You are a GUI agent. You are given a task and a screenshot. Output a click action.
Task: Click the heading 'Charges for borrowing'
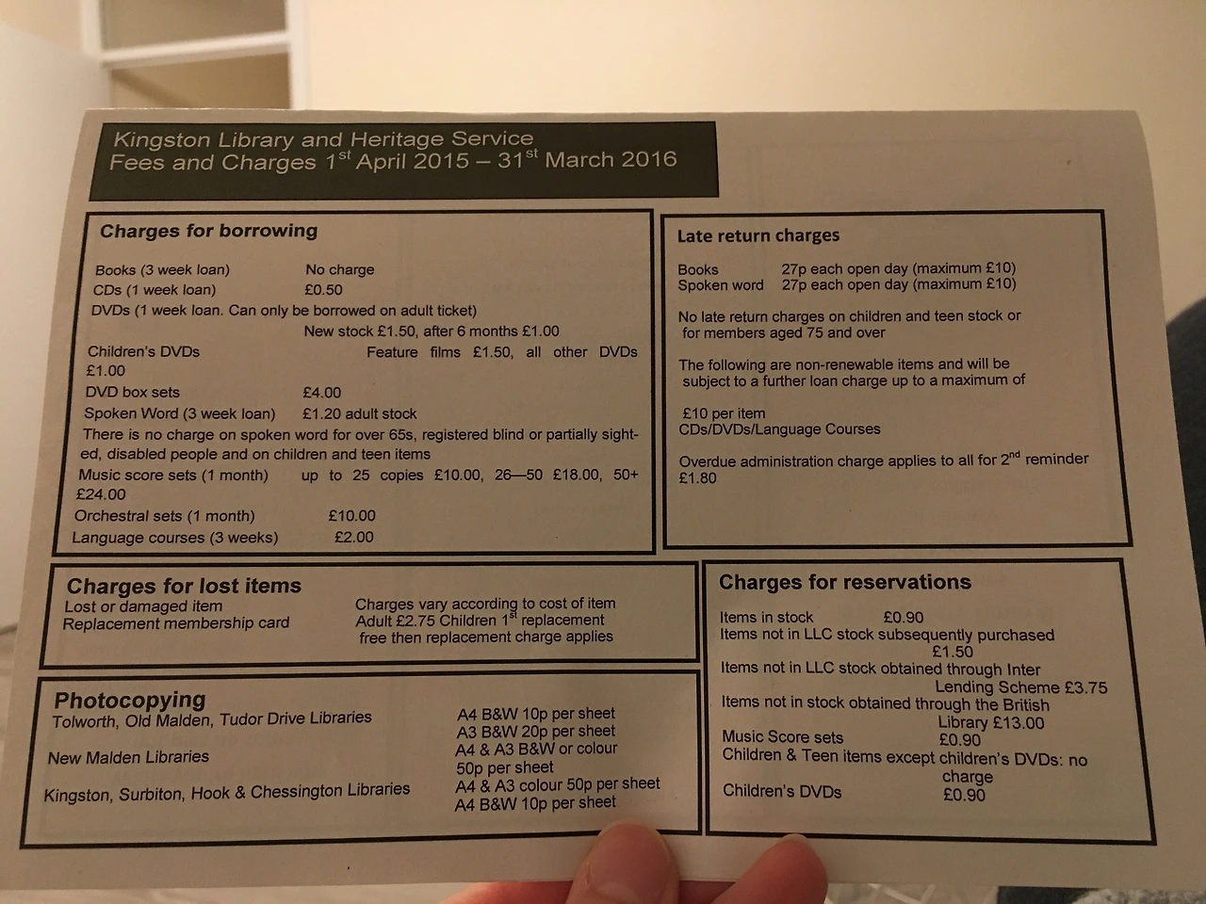coord(209,231)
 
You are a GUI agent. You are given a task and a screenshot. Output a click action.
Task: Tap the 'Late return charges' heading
coord(758,236)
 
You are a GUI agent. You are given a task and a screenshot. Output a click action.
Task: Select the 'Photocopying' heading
coord(130,700)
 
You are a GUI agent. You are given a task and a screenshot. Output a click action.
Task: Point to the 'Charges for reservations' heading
coord(845,582)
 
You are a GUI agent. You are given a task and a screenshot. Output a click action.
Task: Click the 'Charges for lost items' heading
coord(184,587)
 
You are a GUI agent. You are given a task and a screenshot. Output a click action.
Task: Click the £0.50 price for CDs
coord(323,290)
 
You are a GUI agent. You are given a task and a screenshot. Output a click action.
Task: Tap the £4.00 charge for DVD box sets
coord(322,393)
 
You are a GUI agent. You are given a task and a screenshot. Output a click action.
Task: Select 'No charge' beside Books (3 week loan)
coord(340,269)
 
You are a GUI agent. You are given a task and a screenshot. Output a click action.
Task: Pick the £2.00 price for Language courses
coord(354,537)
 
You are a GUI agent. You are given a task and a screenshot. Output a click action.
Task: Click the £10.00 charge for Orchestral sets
coord(352,515)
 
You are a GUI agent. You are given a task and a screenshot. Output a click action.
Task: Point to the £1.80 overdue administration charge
coord(698,478)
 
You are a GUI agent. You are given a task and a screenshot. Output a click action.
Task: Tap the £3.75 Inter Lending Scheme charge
coord(1086,687)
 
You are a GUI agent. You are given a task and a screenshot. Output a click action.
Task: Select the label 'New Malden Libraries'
coord(128,757)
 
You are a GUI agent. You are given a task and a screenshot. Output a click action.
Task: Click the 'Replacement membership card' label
coord(176,623)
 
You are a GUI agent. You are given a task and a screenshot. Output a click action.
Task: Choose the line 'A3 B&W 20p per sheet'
coord(536,732)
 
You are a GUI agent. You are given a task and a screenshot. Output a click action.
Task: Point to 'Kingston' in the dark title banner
coord(162,139)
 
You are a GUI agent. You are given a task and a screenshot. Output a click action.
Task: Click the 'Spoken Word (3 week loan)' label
coord(180,413)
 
